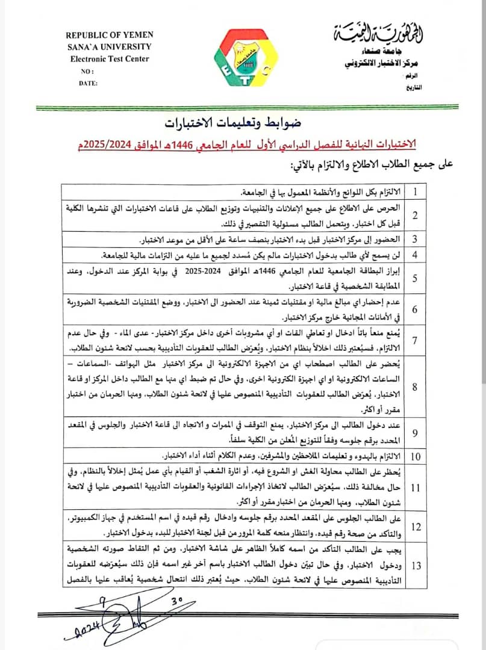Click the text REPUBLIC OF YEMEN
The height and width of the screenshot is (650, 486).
point(109,36)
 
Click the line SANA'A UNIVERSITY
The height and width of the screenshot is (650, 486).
point(109,47)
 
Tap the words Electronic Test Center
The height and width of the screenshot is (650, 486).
point(109,59)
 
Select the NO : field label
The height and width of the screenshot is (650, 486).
point(87,71)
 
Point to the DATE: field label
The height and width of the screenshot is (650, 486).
point(88,83)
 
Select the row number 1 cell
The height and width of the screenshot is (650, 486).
point(415,192)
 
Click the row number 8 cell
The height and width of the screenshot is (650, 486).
point(415,386)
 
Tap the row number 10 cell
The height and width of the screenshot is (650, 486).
point(415,455)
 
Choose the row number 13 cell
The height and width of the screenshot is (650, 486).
point(415,565)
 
